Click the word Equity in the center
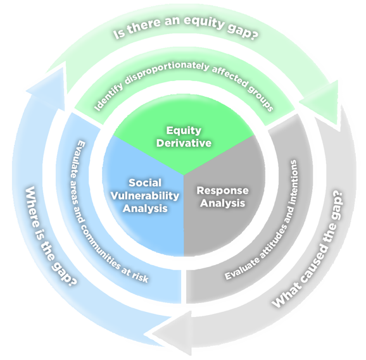click(184, 131)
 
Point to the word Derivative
click(184, 143)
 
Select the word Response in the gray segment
click(222, 190)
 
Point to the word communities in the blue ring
click(104, 237)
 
